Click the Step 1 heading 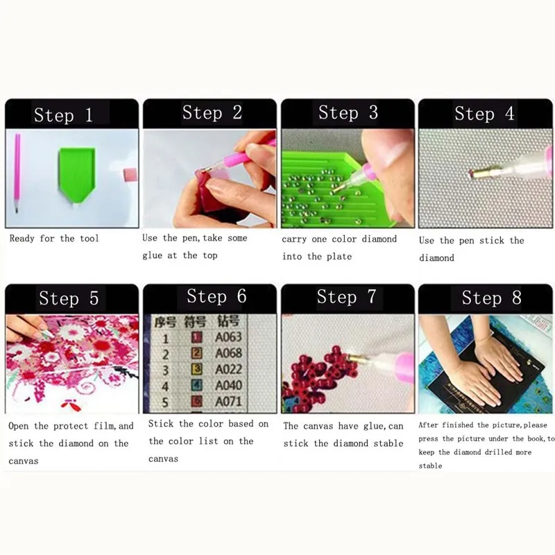tap(63, 114)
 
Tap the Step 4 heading tap(484, 114)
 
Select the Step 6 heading tap(216, 296)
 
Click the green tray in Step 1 tap(77, 173)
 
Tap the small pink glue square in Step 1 tap(130, 175)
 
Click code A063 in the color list tap(228, 336)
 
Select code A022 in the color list tap(228, 369)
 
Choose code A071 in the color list tap(228, 402)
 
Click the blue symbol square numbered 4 tap(197, 385)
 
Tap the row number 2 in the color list tap(165, 355)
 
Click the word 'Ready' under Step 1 tap(22, 239)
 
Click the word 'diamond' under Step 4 tap(436, 258)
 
